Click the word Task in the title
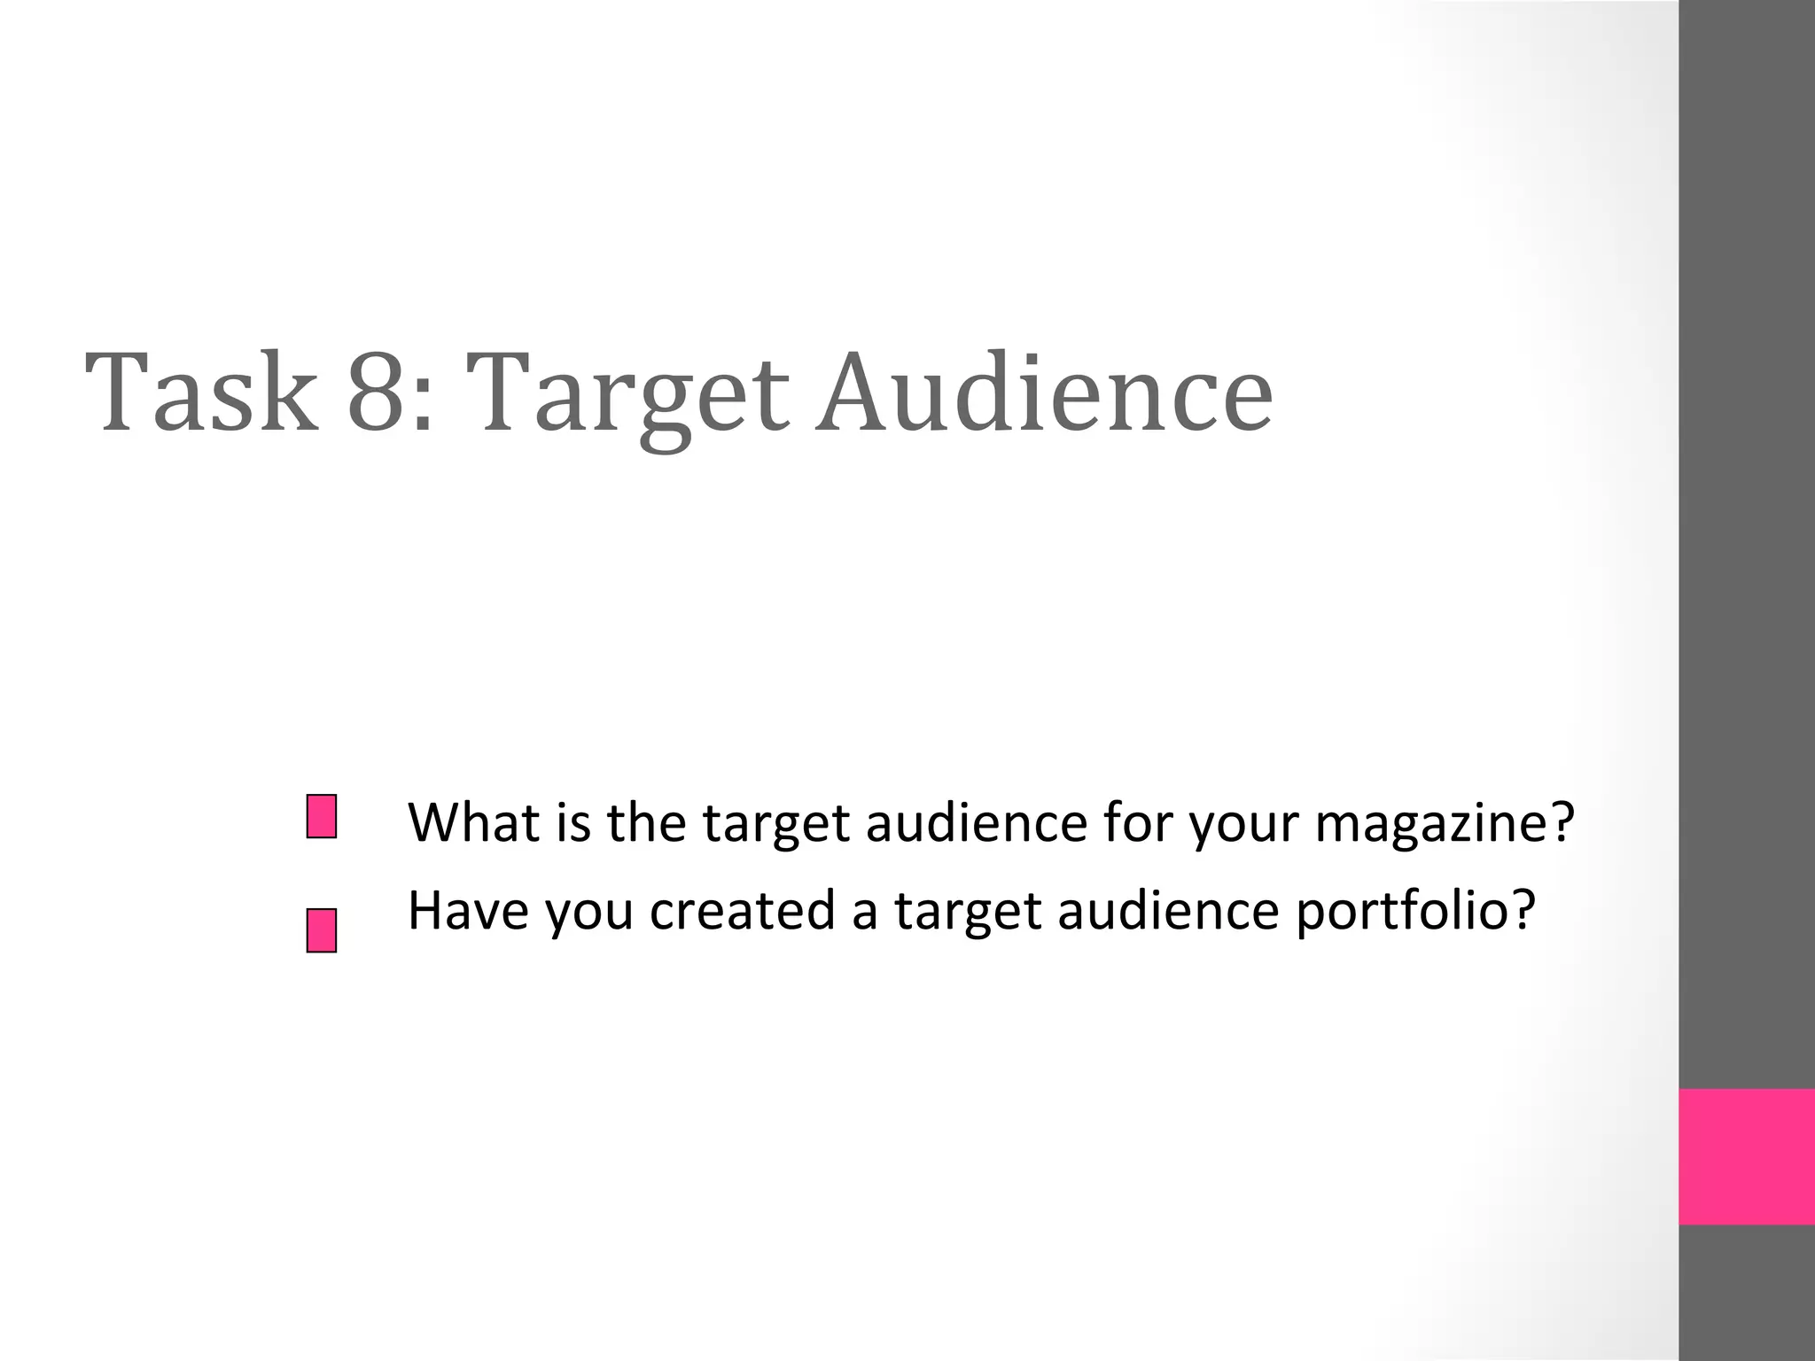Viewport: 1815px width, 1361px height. (201, 393)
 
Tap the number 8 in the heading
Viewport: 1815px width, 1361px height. (377, 393)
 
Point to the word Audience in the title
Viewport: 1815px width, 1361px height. (1044, 393)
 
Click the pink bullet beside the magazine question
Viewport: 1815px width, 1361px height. (322, 816)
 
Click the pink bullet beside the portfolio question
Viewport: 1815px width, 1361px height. (322, 930)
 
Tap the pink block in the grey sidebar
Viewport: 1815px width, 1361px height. (1747, 1156)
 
